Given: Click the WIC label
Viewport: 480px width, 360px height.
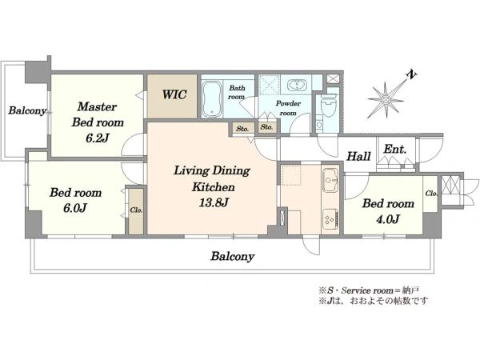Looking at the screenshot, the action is point(174,94).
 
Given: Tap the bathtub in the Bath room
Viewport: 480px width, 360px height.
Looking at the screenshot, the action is point(211,99).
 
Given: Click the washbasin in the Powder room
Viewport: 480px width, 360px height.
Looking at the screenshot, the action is point(296,85).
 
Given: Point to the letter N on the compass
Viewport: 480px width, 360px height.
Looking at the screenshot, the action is point(411,74).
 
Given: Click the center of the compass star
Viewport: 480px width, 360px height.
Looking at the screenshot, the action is point(386,100).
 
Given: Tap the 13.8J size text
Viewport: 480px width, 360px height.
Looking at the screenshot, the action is point(214,202).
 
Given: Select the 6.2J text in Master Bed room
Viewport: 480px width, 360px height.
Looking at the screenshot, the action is point(97,138).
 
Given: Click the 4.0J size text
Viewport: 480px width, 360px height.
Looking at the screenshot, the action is point(388,219).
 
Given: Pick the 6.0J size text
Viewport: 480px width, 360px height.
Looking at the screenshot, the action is point(75,208).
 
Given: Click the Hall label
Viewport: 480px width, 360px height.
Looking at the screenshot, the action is point(358,156).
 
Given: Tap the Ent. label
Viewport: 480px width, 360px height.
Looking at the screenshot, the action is point(395,150).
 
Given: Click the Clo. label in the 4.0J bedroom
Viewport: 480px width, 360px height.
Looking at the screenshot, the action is point(431,194).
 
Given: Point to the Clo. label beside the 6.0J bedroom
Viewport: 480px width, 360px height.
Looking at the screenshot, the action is point(136,210).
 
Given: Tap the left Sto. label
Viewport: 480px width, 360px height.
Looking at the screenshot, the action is point(242,129).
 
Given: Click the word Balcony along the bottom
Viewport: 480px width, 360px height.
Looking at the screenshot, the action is point(232,256).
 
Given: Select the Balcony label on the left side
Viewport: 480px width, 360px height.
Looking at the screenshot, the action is point(27,110).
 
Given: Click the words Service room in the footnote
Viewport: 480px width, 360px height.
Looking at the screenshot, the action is point(367,290).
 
